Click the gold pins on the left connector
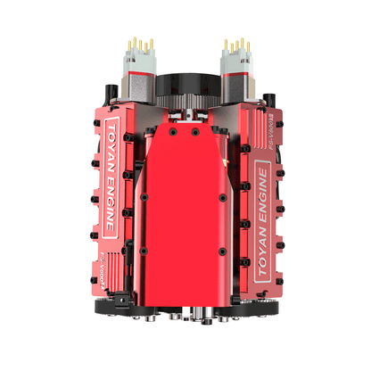coord(140,44)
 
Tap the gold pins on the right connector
coord(235,44)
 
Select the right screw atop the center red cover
coord(196,132)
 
